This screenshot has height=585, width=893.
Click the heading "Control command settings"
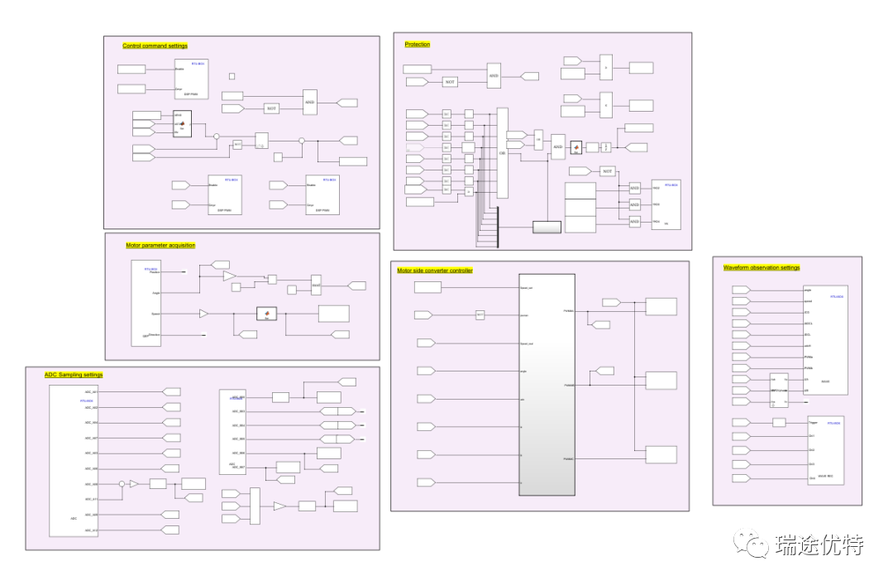click(x=155, y=46)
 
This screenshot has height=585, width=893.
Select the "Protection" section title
click(x=418, y=45)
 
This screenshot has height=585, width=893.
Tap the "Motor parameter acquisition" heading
click(x=160, y=246)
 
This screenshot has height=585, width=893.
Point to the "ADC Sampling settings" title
click(x=74, y=375)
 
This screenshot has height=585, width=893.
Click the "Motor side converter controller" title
click(x=435, y=271)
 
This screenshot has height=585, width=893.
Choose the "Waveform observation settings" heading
click(x=762, y=268)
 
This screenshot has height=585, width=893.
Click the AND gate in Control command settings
click(x=310, y=102)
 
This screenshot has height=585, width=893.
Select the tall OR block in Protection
click(x=502, y=153)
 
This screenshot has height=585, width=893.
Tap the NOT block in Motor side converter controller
click(x=480, y=314)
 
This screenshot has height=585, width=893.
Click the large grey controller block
click(x=546, y=384)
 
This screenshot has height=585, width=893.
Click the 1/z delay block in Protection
click(x=606, y=147)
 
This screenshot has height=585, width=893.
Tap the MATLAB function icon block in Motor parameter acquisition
click(x=266, y=314)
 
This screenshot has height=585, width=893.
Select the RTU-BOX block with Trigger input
click(x=825, y=450)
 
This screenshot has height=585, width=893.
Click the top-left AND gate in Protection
click(x=494, y=75)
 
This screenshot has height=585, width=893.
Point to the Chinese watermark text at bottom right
click(x=819, y=545)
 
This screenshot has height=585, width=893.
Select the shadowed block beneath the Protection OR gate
click(x=546, y=227)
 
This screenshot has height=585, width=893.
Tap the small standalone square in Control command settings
click(x=232, y=76)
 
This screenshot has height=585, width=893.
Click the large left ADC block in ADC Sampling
click(x=75, y=460)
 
